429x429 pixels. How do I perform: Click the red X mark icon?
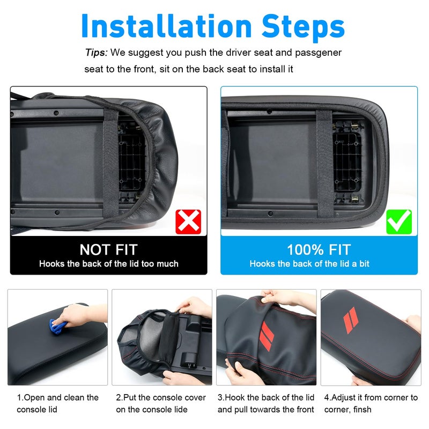coord(188,222)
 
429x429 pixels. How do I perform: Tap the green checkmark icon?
coord(399,222)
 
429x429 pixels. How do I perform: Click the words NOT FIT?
coord(109,249)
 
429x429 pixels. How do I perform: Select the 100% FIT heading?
coord(319,249)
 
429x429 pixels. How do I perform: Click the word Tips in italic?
coord(97,52)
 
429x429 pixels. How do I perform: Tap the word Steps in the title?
coord(303,27)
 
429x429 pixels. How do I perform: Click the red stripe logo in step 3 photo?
coord(267,336)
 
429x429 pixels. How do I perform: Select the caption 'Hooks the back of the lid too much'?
coord(109,264)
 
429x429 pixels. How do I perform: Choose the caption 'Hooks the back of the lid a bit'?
coord(309,264)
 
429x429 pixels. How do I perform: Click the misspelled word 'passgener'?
coord(318,53)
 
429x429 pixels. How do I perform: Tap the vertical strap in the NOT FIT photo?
coord(111,164)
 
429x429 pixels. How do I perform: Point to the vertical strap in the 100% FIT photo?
coord(325,164)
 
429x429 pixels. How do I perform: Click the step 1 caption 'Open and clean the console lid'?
coord(57,403)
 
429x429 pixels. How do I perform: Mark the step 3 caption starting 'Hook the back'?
coord(266,403)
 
